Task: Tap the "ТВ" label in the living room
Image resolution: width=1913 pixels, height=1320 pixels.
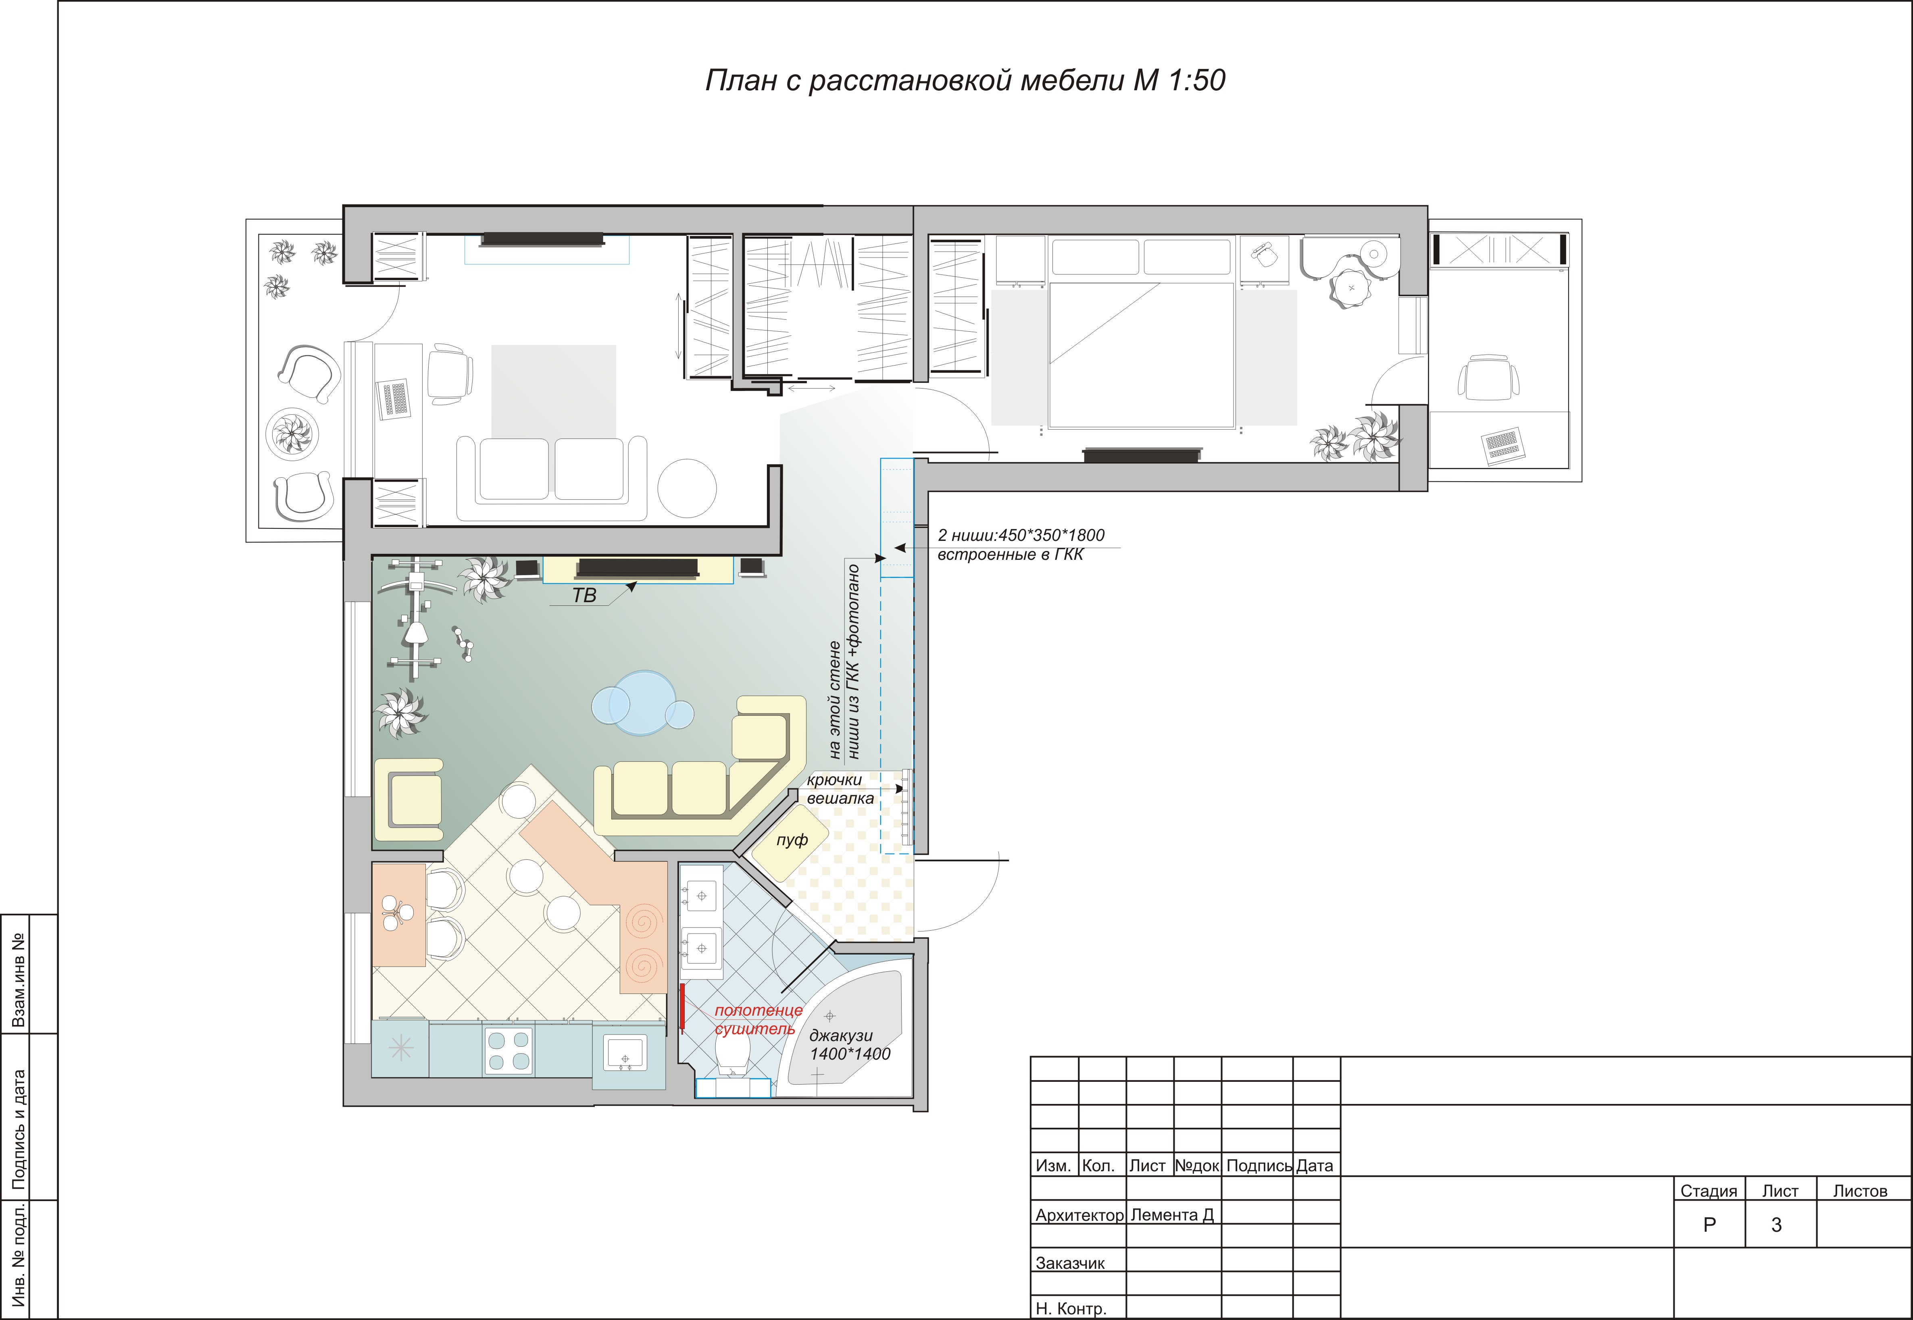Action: (584, 595)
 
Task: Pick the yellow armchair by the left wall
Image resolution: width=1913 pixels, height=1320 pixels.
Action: (409, 800)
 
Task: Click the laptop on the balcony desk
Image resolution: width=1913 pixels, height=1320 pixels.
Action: (1502, 445)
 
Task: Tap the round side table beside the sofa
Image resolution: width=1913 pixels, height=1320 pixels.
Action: (687, 488)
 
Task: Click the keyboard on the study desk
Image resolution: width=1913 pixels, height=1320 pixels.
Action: (395, 399)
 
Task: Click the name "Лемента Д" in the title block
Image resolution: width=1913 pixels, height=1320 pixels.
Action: (1171, 1215)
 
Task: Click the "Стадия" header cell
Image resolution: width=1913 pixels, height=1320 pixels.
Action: (1709, 1191)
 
